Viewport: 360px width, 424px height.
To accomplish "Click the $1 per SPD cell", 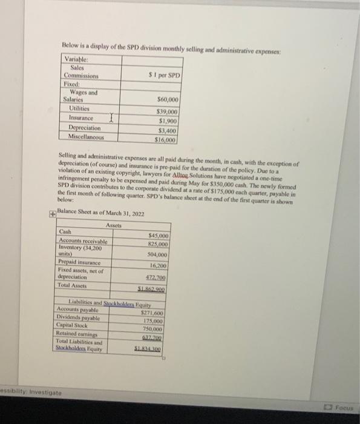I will point(165,75).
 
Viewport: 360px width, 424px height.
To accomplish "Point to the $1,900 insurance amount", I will point(166,121).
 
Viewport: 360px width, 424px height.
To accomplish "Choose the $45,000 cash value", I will point(158,236).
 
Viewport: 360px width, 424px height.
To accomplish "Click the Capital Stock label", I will point(79,325).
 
